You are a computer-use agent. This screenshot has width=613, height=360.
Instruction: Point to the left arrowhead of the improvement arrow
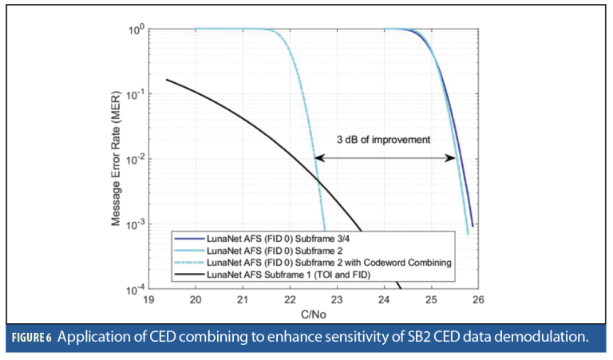coord(318,159)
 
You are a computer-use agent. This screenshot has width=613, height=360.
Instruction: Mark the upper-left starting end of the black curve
coord(166,79)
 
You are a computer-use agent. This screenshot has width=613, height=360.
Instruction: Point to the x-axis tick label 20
coord(195,301)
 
